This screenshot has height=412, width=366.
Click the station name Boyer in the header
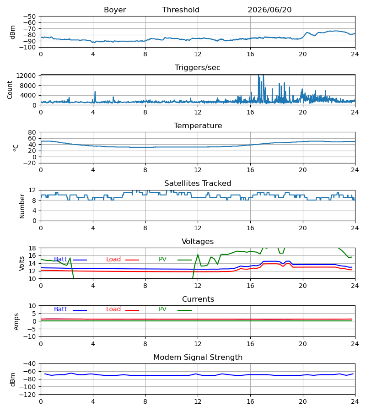(115, 10)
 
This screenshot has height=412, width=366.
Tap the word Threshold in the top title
(181, 10)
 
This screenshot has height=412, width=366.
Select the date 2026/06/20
(269, 10)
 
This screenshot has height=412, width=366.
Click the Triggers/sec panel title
(198, 68)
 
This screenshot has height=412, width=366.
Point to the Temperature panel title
(198, 125)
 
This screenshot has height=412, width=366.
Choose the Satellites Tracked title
(198, 184)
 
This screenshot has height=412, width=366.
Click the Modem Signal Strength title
(198, 358)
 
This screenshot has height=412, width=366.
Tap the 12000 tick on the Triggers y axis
(26, 76)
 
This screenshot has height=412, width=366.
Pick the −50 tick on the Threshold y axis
(29, 16)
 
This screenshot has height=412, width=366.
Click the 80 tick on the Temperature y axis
(32, 132)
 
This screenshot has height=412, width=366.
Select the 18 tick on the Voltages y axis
(32, 248)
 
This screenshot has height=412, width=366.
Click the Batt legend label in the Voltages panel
(60, 260)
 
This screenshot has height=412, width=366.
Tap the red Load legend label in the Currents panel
(113, 309)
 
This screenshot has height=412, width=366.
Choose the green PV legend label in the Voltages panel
(162, 260)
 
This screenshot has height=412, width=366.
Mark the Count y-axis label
(10, 90)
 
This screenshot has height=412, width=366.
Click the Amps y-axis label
(16, 322)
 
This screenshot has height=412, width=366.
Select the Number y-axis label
(22, 206)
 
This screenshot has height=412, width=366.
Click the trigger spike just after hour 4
(95, 92)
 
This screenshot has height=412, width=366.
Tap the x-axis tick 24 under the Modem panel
(355, 402)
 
